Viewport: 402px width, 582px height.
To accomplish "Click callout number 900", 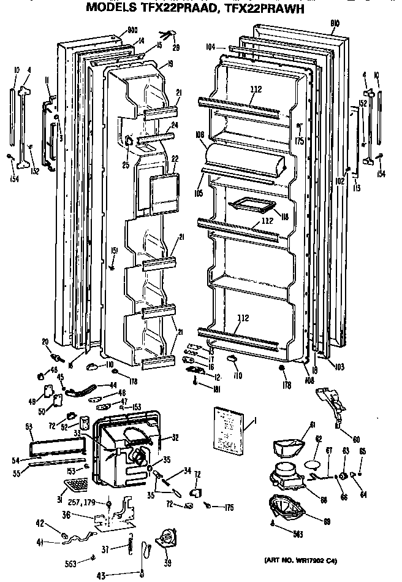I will point(133,29).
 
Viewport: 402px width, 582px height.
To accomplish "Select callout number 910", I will point(334,25).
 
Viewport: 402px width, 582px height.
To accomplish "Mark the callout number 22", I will point(174,159).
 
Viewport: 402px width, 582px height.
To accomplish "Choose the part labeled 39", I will point(166,540).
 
